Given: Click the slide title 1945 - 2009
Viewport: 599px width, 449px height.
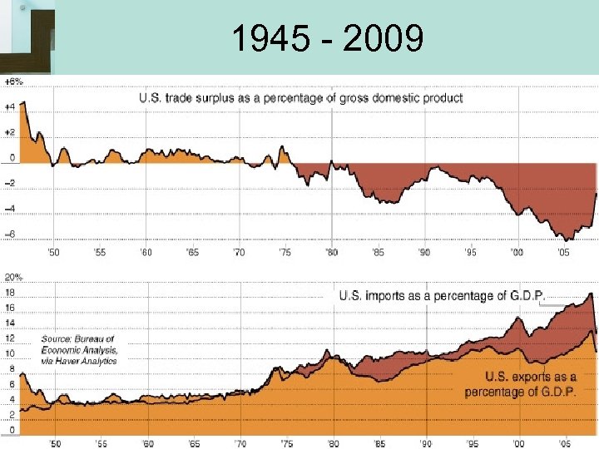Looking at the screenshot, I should [327, 38].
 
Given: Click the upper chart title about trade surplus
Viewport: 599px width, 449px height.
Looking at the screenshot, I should [300, 98].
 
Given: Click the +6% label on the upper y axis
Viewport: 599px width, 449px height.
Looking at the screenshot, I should [12, 81].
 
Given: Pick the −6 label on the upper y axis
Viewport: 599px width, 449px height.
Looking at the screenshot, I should [9, 234].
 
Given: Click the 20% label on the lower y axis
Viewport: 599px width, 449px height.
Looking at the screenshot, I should [12, 276].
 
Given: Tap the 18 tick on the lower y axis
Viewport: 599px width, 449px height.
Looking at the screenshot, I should [10, 293].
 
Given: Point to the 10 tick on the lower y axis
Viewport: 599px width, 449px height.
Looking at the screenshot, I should [10, 353].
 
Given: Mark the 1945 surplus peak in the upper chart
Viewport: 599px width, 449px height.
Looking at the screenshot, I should [24, 101].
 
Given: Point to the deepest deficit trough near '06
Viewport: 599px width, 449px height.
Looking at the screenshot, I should [566, 239].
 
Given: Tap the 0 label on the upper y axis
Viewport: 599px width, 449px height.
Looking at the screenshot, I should [11, 157].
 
